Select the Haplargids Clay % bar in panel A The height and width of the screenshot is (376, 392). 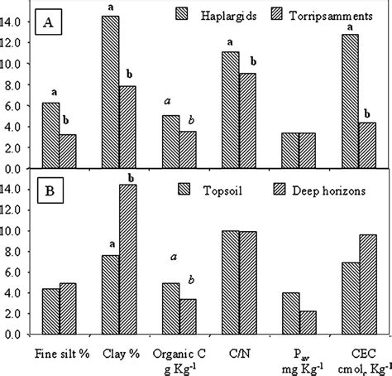click(x=110, y=92)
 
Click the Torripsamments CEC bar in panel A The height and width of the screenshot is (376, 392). click(x=367, y=145)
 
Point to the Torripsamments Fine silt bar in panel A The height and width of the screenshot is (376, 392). click(x=67, y=151)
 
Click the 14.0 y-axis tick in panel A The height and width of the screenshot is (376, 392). click(x=18, y=22)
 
